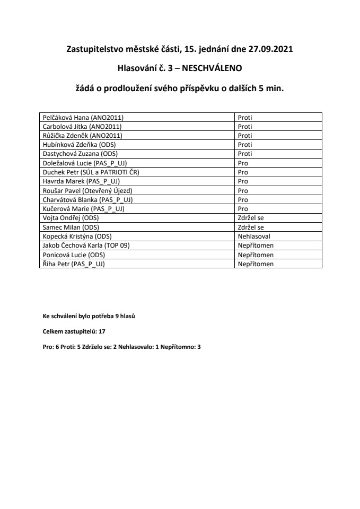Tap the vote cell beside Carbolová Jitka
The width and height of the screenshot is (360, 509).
click(x=244, y=127)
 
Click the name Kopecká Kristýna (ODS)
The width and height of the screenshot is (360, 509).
click(x=76, y=236)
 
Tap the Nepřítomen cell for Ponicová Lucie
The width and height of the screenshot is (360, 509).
click(x=256, y=254)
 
